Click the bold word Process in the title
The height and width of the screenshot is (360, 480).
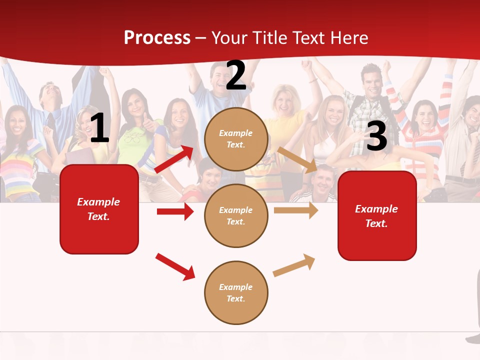pos(157,38)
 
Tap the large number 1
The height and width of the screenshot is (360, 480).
pos(99,128)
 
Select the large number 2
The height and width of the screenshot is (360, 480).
pos(236,75)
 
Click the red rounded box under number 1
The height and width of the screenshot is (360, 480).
pos(99,209)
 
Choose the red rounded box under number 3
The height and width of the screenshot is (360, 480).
pos(377,215)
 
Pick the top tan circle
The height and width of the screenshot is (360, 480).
pos(236,139)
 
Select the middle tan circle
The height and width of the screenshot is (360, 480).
pos(236,215)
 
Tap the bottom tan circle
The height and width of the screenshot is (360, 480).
pos(236,292)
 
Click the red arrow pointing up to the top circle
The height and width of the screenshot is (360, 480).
pos(174,159)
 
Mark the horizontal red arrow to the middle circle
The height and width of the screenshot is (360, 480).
pos(175,211)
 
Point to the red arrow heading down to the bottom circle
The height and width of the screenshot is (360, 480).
pos(175,266)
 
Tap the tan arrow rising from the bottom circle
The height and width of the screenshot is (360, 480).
pos(294,265)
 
